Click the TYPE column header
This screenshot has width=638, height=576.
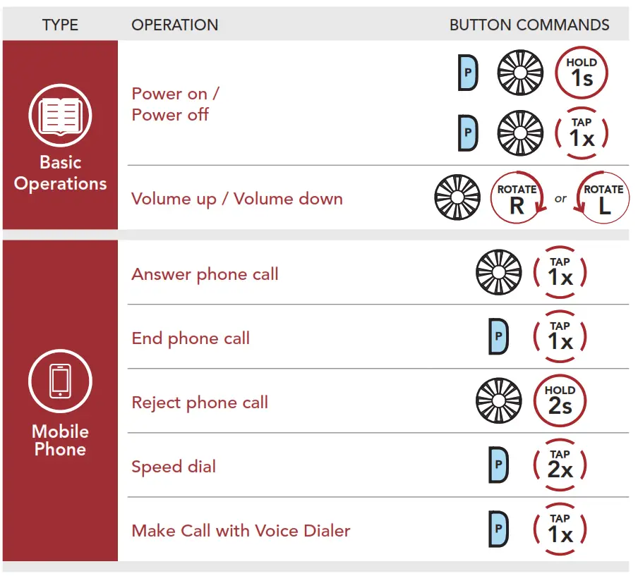(x=60, y=25)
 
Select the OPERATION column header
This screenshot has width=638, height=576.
(x=174, y=25)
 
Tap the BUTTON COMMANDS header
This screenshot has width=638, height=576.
(x=529, y=25)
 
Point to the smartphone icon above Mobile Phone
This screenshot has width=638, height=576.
(x=60, y=381)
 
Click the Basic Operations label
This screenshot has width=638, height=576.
(x=60, y=173)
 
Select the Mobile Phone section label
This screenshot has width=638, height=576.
(x=60, y=440)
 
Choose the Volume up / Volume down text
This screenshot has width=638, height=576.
(x=236, y=199)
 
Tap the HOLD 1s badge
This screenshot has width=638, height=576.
(x=582, y=72)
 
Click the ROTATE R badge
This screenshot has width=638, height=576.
(x=517, y=199)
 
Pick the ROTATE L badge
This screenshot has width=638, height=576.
(x=603, y=199)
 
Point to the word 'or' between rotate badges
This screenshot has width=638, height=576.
(x=560, y=199)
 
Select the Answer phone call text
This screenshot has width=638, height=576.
(x=205, y=274)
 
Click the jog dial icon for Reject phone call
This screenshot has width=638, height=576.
(x=499, y=402)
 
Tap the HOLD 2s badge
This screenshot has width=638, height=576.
(x=560, y=401)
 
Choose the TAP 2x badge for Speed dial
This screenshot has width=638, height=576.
(x=560, y=465)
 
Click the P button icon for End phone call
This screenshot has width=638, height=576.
(x=498, y=337)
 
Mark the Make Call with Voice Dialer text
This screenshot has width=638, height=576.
(x=241, y=530)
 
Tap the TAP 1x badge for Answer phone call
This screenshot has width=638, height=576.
(x=560, y=273)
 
